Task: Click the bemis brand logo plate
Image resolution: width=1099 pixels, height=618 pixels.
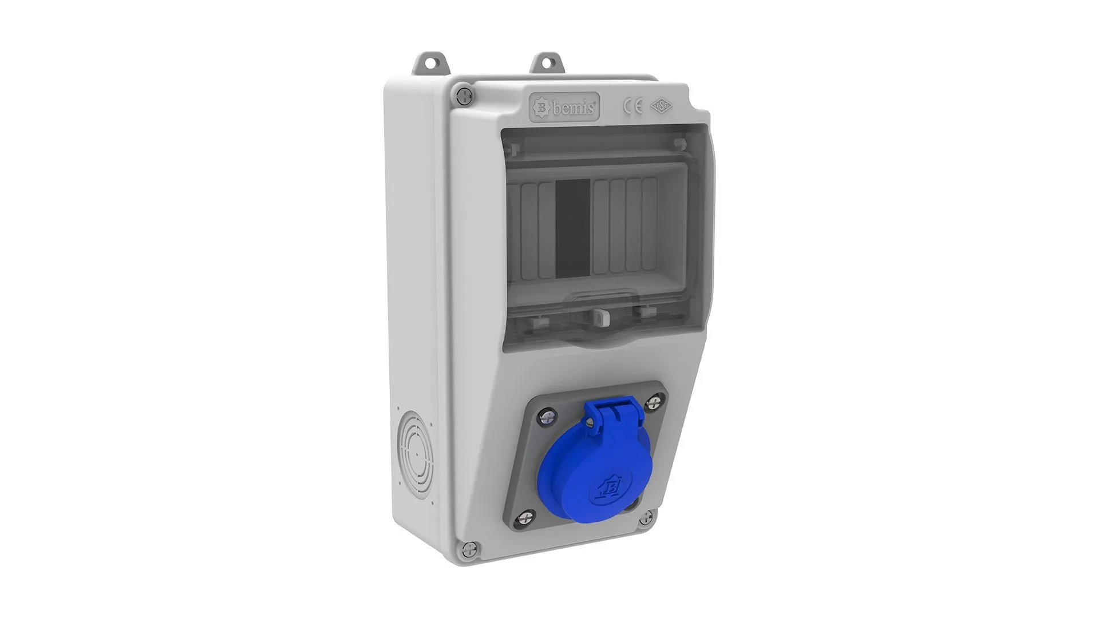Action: pyautogui.click(x=564, y=108)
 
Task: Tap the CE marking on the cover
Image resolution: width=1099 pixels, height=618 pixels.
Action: pyautogui.click(x=632, y=106)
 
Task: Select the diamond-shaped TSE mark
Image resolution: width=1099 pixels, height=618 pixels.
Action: pyautogui.click(x=662, y=106)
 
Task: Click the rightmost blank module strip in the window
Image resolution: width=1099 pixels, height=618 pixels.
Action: pyautogui.click(x=649, y=224)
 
